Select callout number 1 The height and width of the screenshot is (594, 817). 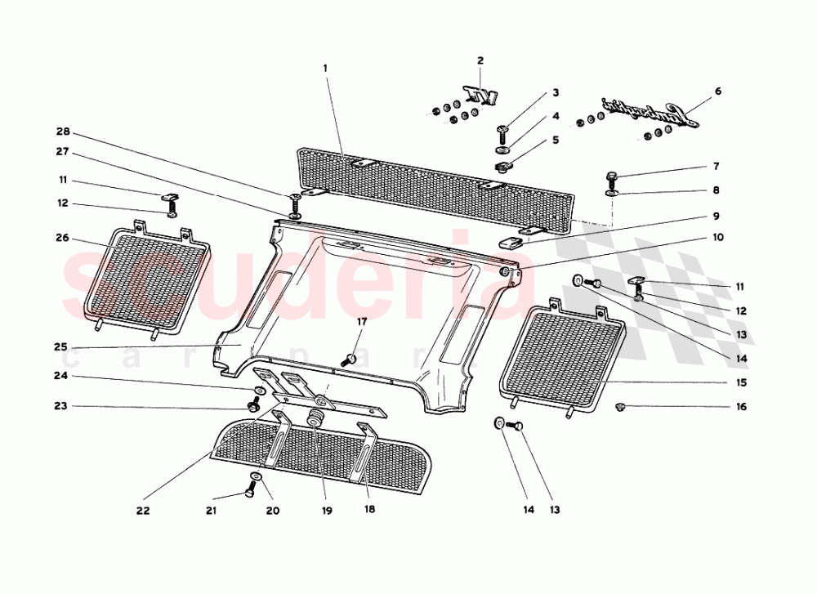point(325,68)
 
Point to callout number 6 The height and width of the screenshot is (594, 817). point(718,92)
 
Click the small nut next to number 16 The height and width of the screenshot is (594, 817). point(619,405)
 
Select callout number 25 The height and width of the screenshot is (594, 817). point(60,346)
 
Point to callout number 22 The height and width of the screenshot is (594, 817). point(143,511)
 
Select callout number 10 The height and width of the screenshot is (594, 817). point(718,238)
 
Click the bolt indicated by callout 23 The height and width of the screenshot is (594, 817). point(253,405)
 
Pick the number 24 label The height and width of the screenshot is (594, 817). point(60,376)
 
